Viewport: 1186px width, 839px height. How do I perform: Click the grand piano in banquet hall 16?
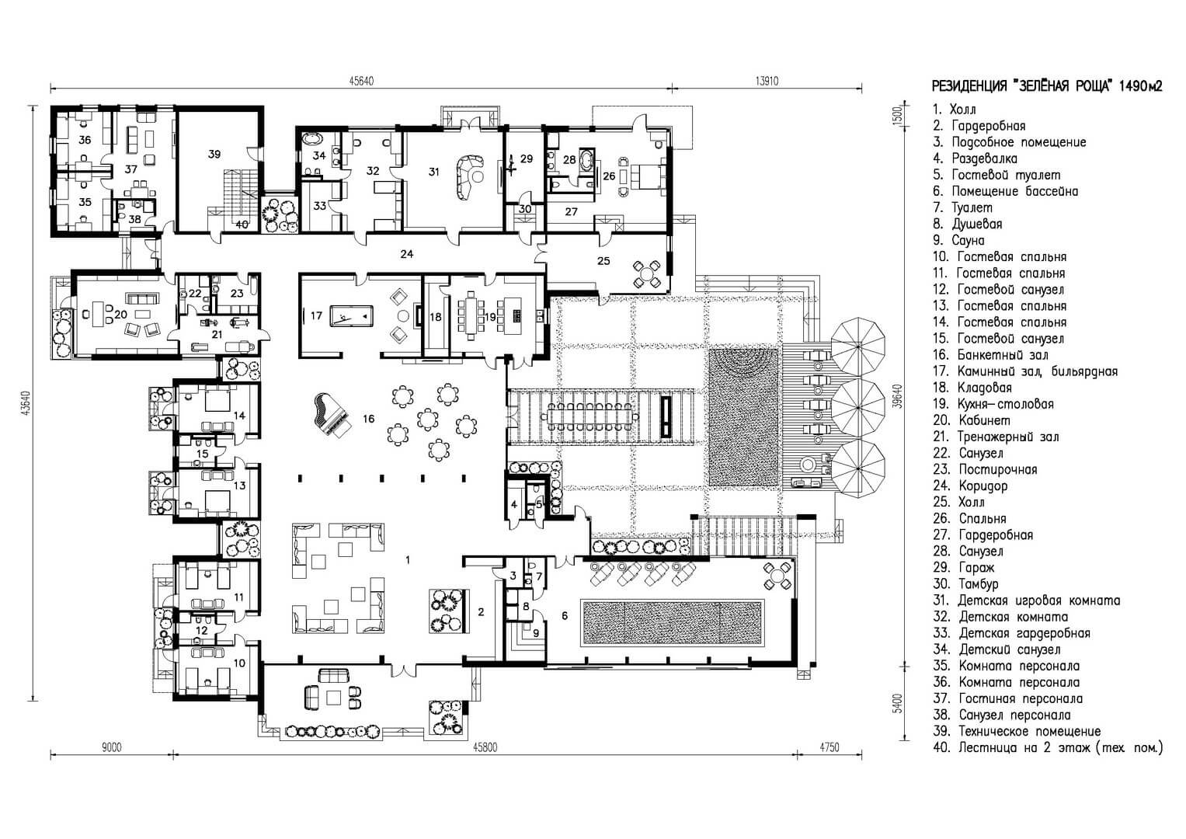pyautogui.click(x=331, y=415)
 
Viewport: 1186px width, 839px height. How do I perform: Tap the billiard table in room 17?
pyautogui.click(x=352, y=316)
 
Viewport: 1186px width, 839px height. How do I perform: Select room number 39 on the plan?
pyautogui.click(x=214, y=154)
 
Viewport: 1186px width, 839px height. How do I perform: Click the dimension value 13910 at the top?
pyautogui.click(x=767, y=81)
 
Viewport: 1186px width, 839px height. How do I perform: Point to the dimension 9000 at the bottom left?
pyautogui.click(x=111, y=747)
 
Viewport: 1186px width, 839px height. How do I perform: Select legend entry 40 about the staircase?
pyautogui.click(x=1048, y=748)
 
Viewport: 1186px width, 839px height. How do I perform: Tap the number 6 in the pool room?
pyautogui.click(x=565, y=615)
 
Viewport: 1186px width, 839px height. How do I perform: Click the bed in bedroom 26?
pyautogui.click(x=646, y=176)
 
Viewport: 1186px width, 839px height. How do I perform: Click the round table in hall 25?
pyautogui.click(x=646, y=273)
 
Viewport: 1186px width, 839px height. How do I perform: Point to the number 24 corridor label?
pyautogui.click(x=407, y=254)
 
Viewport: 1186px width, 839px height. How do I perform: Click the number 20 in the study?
pyautogui.click(x=120, y=315)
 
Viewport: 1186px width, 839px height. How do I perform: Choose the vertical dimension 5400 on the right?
pyautogui.click(x=897, y=703)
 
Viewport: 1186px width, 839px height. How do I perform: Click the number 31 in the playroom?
pyautogui.click(x=434, y=172)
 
